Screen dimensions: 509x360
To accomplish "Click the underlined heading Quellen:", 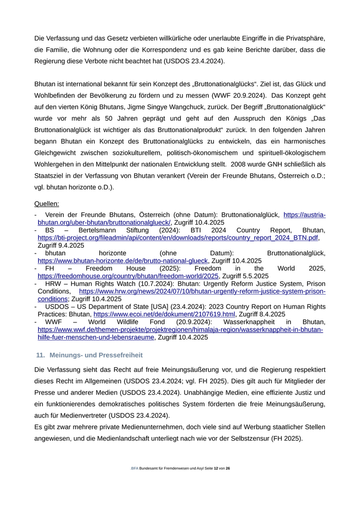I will [x=47, y=204].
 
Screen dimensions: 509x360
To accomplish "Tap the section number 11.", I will [x=40, y=355].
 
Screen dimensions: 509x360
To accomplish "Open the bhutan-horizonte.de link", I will [x=123, y=261].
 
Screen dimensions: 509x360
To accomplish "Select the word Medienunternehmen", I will [x=150, y=427].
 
